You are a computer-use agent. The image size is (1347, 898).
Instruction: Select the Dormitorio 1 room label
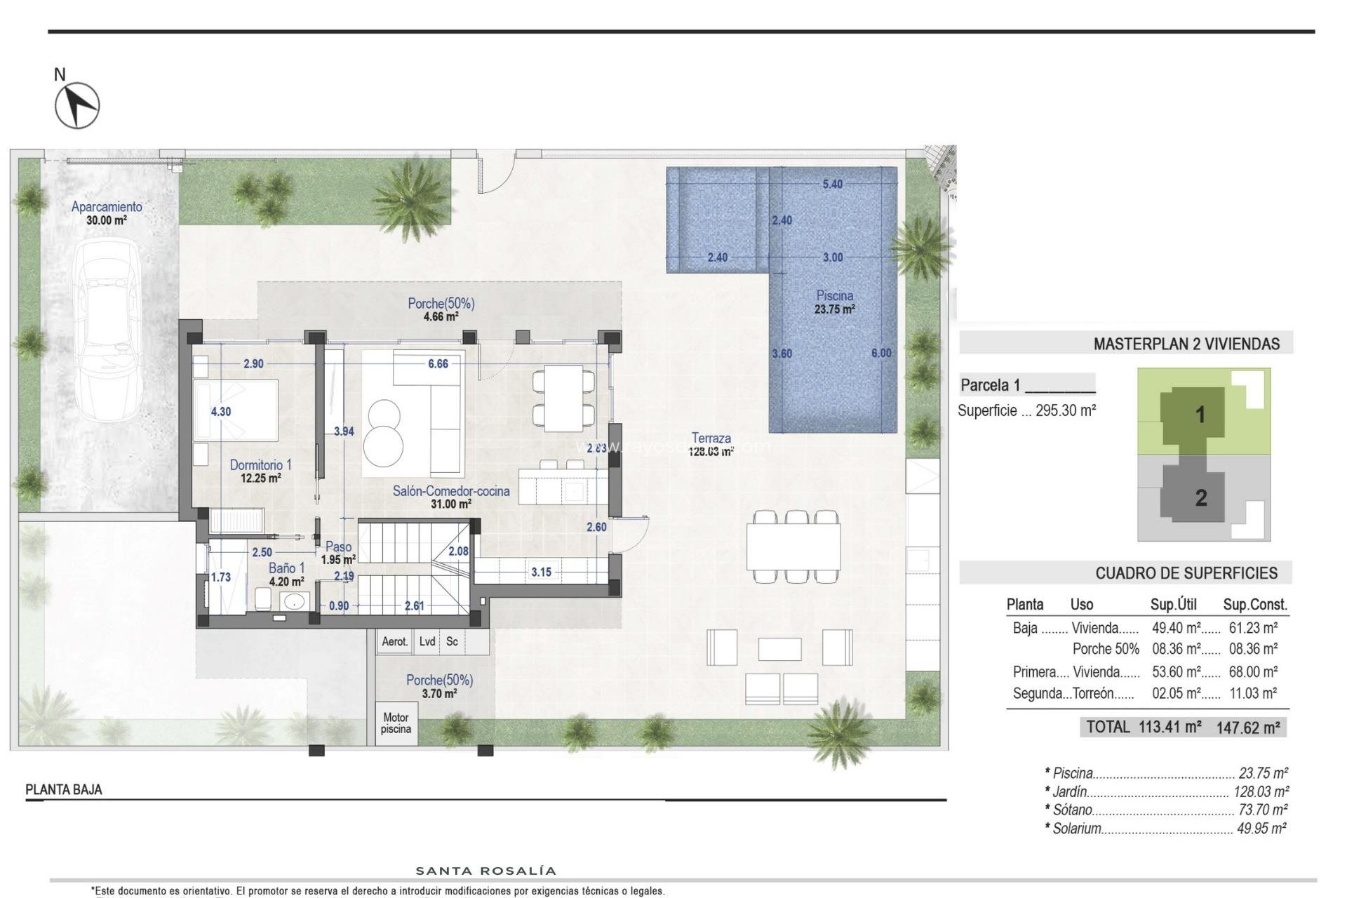260,465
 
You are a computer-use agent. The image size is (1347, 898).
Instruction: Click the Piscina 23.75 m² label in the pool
834,302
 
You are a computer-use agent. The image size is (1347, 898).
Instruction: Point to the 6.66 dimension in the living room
438,363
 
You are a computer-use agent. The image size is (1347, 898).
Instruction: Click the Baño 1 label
287,569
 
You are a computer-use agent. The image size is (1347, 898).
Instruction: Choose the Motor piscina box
396,723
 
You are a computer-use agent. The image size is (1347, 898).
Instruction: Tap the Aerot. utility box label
395,641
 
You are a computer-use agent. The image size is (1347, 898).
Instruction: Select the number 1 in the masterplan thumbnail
1200,415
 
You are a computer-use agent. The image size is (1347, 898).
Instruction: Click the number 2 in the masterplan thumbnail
1201,498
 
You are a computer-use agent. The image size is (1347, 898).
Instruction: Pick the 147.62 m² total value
1248,728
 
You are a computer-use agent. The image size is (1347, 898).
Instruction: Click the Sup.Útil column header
1173,605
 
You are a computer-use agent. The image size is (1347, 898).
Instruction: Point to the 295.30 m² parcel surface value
1066,410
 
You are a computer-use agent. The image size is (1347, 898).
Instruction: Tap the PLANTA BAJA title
64,790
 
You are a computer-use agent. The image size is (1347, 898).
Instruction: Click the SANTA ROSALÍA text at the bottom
486,871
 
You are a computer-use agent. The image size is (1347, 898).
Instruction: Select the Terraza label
711,438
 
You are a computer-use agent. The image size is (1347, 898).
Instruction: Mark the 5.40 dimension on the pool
832,184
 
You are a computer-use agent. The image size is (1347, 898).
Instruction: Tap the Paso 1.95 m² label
339,553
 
